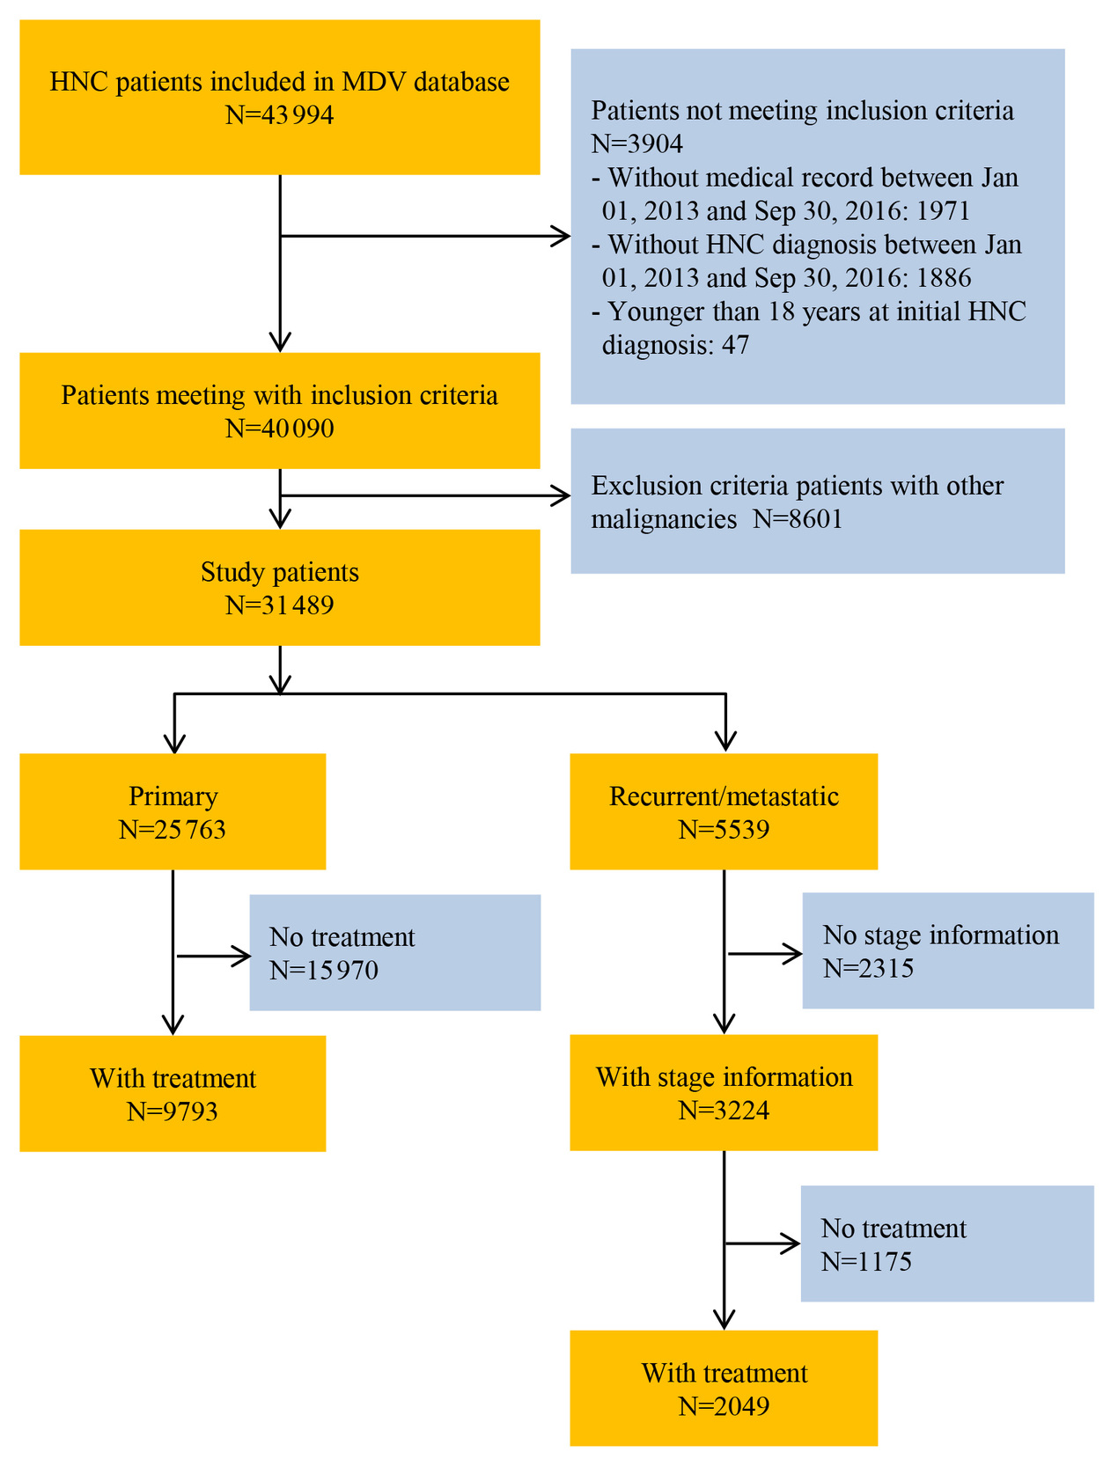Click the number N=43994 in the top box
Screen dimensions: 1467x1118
point(279,115)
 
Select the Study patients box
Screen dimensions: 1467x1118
point(279,587)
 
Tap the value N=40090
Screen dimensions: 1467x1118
point(279,429)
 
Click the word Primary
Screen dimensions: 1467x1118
point(173,796)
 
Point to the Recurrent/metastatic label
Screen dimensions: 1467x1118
point(724,796)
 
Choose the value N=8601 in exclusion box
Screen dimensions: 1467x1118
point(798,519)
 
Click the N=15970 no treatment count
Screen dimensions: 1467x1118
point(324,971)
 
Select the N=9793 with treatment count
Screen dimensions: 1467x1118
point(173,1111)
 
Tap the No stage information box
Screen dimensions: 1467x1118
point(947,951)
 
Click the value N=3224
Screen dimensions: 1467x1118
point(724,1111)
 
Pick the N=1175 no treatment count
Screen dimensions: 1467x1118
point(866,1262)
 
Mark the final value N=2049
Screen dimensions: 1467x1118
point(724,1406)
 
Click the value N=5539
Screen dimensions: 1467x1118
point(724,830)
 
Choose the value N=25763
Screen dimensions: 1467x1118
point(173,830)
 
